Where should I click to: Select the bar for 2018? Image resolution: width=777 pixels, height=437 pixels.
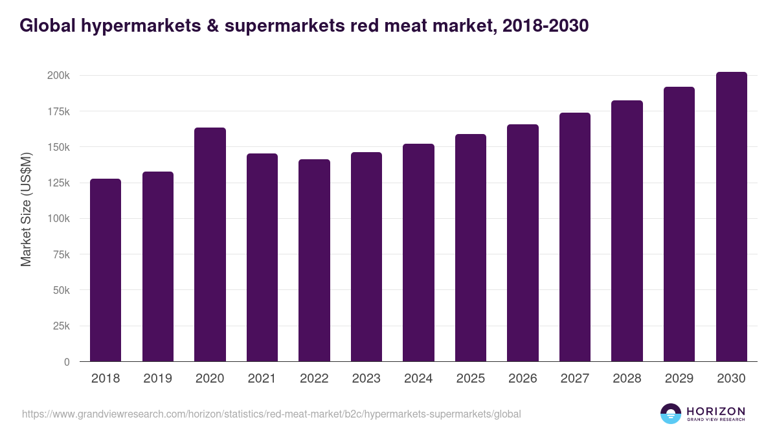[106, 270]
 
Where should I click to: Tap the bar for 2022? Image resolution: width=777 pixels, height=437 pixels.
[314, 260]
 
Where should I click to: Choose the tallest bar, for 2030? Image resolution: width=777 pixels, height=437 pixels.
[731, 217]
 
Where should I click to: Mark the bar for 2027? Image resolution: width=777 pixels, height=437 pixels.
[574, 237]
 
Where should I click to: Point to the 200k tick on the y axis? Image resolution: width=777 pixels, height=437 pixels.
[58, 76]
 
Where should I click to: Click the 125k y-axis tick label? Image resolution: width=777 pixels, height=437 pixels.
[58, 183]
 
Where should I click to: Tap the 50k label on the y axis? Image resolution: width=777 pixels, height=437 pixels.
[61, 290]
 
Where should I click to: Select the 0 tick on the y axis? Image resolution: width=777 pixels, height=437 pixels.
[67, 362]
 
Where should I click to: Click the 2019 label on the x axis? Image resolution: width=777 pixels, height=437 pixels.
[157, 379]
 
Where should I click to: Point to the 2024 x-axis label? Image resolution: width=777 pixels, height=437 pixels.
[418, 379]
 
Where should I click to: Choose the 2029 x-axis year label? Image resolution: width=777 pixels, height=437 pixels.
[679, 379]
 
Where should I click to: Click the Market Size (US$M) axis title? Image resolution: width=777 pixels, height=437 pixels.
[26, 209]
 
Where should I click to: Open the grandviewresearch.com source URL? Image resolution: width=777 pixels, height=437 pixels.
[271, 414]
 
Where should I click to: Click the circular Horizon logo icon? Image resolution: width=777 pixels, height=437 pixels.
[670, 414]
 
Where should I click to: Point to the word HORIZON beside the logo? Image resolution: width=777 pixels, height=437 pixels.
[715, 410]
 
